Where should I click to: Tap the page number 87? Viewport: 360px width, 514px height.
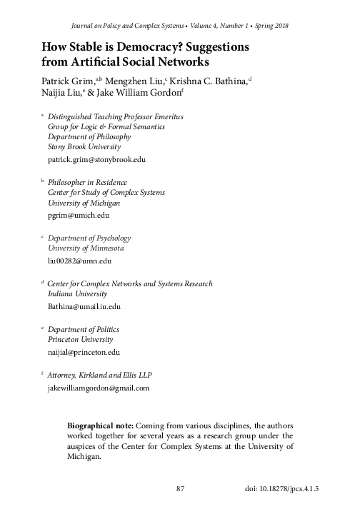[x=181, y=489]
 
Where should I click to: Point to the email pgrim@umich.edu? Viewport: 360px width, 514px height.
[x=74, y=215]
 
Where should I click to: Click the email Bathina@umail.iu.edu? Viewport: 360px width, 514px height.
[x=79, y=306]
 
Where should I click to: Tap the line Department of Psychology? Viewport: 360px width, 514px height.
[x=84, y=238]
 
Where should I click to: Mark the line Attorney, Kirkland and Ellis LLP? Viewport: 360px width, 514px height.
[x=94, y=375]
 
